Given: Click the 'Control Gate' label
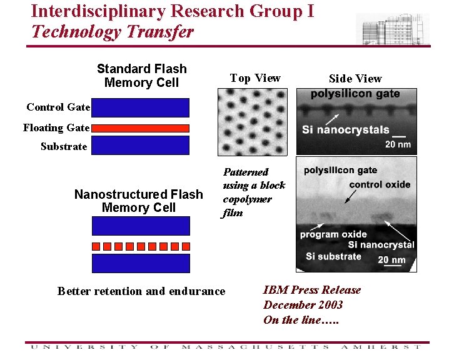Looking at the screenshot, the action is (58, 107).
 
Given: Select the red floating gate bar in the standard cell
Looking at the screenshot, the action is (140, 127).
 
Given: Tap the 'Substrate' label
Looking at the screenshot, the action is (64, 146).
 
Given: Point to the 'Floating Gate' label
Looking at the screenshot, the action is (56, 127).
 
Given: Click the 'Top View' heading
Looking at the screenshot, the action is (255, 78).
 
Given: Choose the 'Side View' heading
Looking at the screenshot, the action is (355, 78).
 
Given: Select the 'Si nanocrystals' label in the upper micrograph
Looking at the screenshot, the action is (345, 130).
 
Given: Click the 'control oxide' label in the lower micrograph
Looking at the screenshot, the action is (380, 184).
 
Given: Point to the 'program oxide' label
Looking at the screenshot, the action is (333, 234).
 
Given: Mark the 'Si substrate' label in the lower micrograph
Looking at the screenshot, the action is (333, 256).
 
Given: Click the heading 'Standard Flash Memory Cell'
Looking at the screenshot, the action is (142, 76).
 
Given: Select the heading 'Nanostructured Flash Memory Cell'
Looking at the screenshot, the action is (139, 201).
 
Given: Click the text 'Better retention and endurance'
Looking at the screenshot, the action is (141, 291).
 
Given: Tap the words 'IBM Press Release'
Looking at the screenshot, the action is (312, 289).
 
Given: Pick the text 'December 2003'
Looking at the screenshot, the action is (303, 305).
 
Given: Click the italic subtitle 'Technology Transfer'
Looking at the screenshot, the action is (113, 31).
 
